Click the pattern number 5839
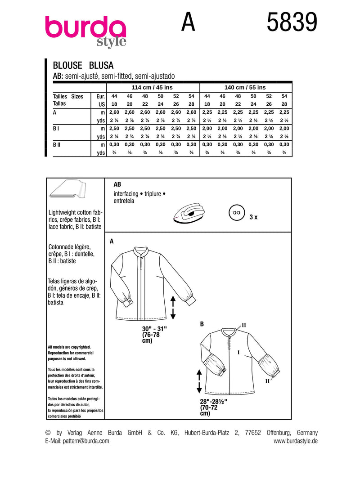tap(292, 22)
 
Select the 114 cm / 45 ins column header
tap(153, 87)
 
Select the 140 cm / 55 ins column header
tap(245, 87)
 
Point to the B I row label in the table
tap(56, 129)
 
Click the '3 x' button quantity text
tap(253, 217)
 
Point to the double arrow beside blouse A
tap(173, 307)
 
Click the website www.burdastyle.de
tap(295, 441)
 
